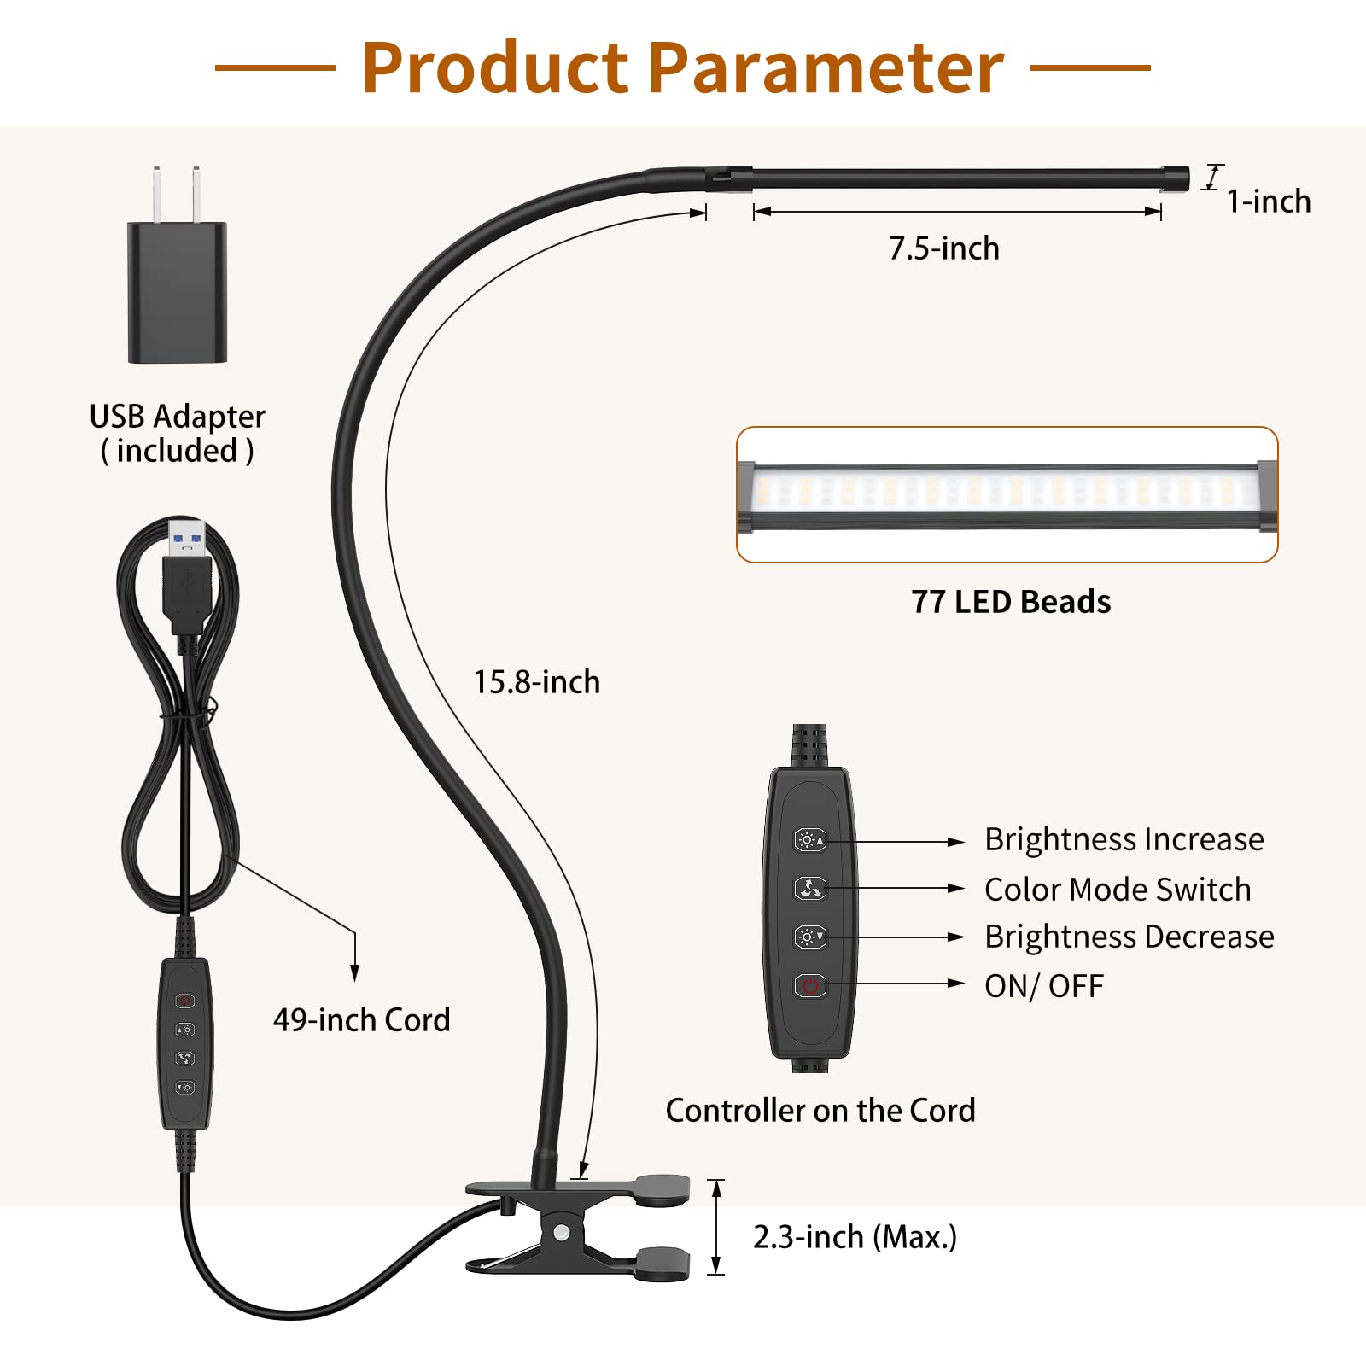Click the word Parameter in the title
(x=826, y=68)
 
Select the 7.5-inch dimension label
(x=943, y=248)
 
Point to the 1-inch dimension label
(x=1268, y=201)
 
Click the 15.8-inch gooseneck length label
(x=537, y=682)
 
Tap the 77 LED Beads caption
(x=1011, y=602)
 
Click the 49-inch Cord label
(x=361, y=1019)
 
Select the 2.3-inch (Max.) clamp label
(x=855, y=1236)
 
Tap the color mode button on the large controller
(x=810, y=889)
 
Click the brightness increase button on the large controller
(x=810, y=840)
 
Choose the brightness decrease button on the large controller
(x=810, y=937)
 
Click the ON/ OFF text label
(x=1043, y=986)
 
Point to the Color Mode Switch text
(x=1117, y=890)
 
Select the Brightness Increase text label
(x=1124, y=839)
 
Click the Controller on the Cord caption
(x=820, y=1110)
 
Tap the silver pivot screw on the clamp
(x=561, y=1233)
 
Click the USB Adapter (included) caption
(x=178, y=434)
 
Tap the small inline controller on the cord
(x=185, y=1043)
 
